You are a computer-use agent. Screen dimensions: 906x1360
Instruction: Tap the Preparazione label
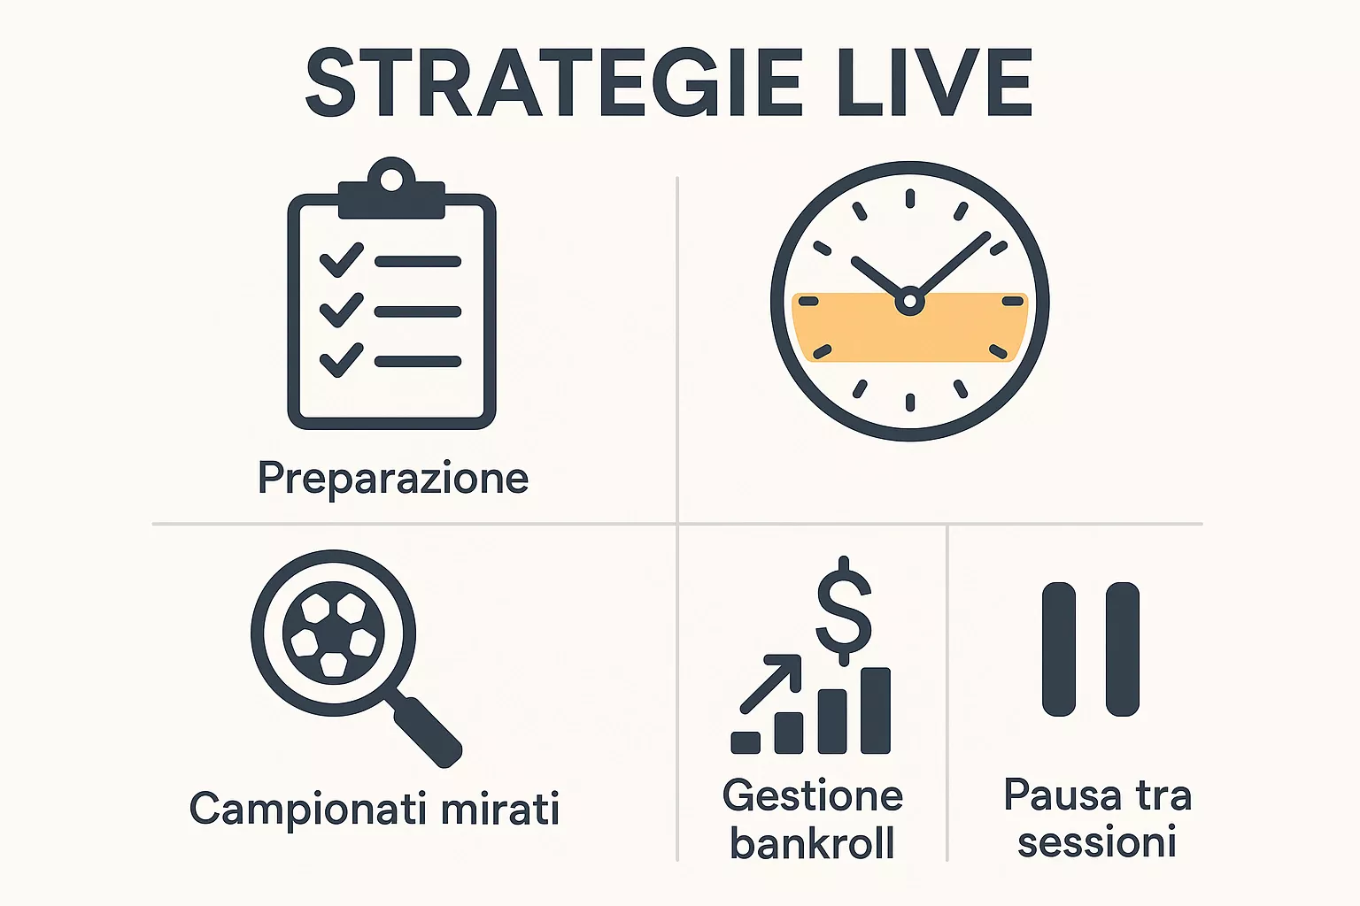pyautogui.click(x=393, y=479)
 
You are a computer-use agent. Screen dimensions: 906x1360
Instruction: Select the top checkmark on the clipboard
pyautogui.click(x=341, y=260)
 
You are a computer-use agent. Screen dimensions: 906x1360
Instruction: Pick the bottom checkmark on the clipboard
pyautogui.click(x=341, y=360)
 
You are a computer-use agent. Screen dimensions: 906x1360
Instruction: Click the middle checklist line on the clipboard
pyautogui.click(x=417, y=311)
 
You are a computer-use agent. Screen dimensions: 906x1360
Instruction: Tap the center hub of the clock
pyautogui.click(x=909, y=302)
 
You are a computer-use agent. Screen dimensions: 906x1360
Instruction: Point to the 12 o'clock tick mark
pyautogui.click(x=909, y=197)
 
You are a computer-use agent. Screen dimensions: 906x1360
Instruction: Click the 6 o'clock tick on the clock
pyautogui.click(x=909, y=403)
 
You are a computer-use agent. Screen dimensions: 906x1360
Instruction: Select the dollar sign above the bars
pyautogui.click(x=844, y=610)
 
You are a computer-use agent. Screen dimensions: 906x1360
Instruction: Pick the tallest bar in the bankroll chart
pyautogui.click(x=876, y=710)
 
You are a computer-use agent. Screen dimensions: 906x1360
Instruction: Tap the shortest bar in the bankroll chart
pyautogui.click(x=746, y=742)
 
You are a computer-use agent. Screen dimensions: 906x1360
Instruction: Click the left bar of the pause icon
pyautogui.click(x=1059, y=649)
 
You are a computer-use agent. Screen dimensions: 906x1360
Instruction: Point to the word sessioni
pyautogui.click(x=1097, y=841)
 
